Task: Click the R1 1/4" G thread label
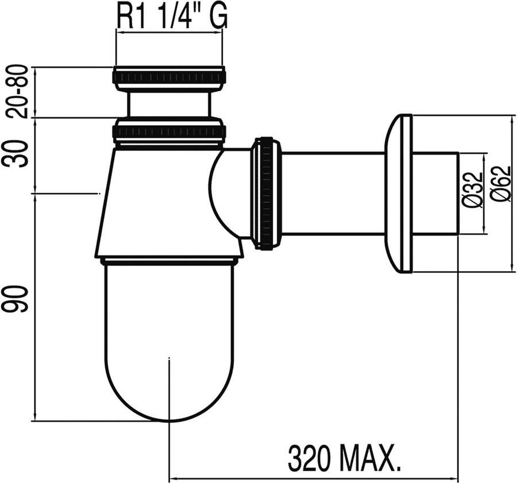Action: pos(172,17)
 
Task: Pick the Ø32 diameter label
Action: pos(472,193)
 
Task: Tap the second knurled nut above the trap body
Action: pos(169,132)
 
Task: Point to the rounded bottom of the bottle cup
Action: pos(169,396)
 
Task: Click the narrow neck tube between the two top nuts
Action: pos(169,105)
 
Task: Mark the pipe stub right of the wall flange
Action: pos(435,193)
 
